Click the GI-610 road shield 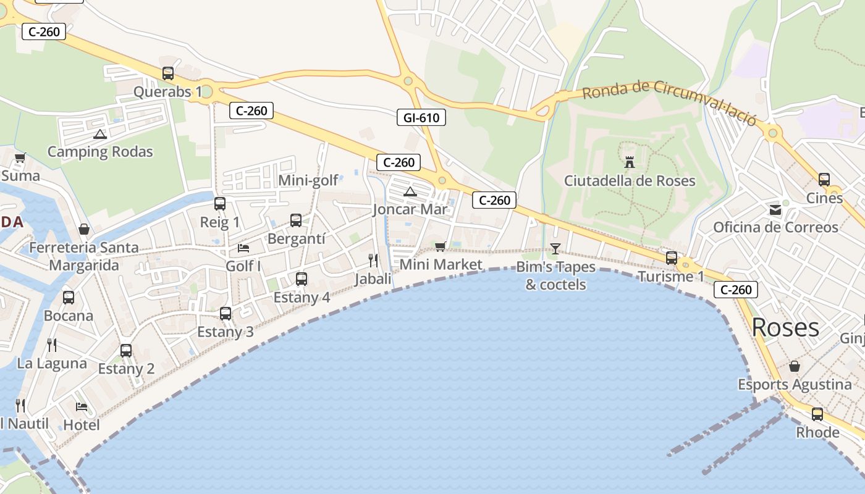[x=421, y=117]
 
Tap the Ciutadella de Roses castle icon [x=630, y=162]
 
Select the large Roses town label [x=785, y=327]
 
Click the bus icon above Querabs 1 [x=168, y=73]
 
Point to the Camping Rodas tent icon [x=100, y=134]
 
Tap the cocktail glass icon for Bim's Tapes [x=555, y=249]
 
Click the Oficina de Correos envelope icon [x=775, y=210]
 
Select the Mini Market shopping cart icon [x=441, y=247]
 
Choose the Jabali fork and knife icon [x=373, y=260]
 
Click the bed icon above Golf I [x=243, y=248]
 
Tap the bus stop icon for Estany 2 [x=126, y=351]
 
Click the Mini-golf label [x=308, y=180]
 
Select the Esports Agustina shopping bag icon [x=795, y=367]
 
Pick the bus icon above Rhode [x=817, y=414]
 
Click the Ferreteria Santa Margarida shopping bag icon [x=84, y=230]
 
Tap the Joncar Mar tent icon [x=410, y=192]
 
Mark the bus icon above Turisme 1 [x=672, y=258]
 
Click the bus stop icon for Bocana [x=69, y=298]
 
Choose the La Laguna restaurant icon [x=52, y=345]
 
